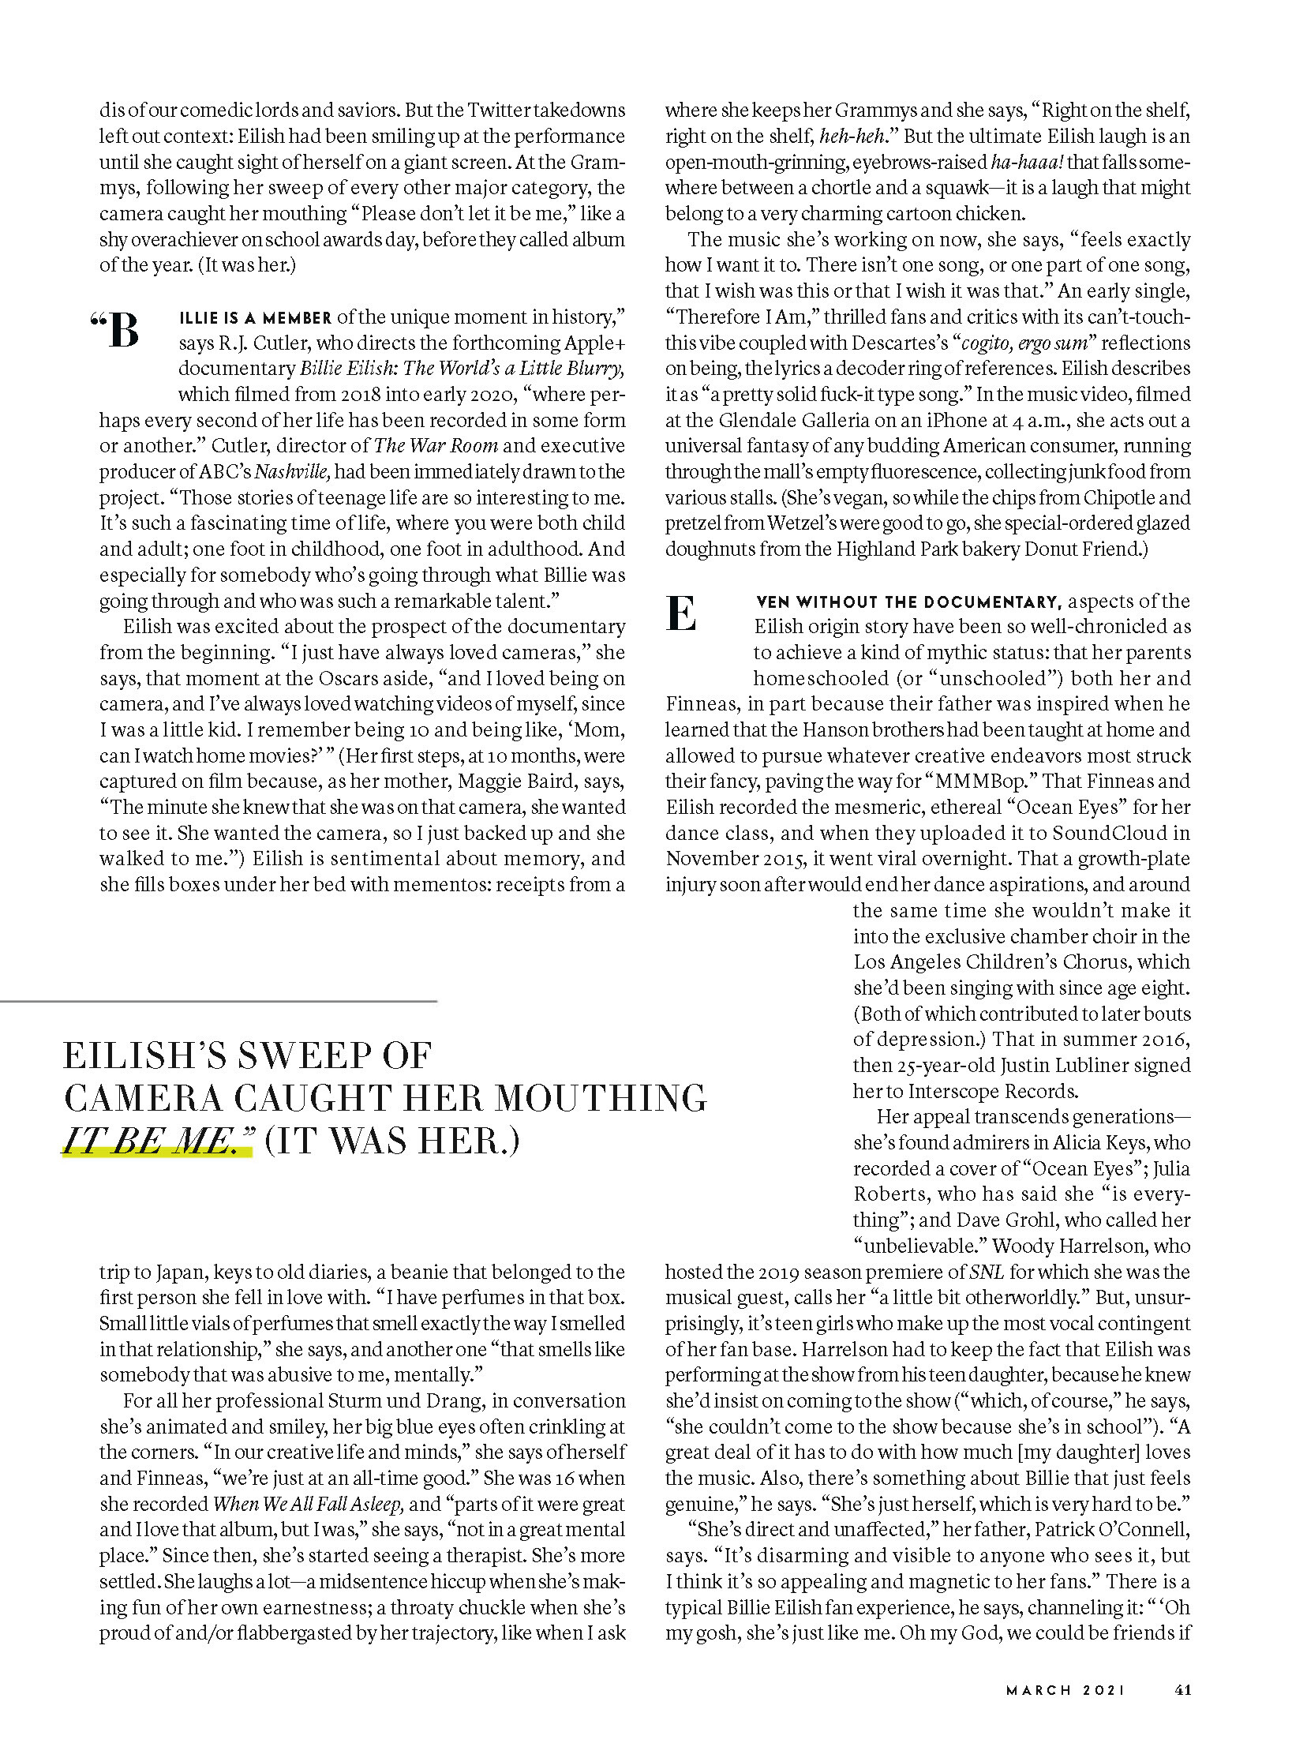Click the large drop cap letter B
(x=123, y=330)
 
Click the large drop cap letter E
(x=681, y=613)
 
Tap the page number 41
(x=1182, y=1690)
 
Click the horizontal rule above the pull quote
(x=219, y=1001)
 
